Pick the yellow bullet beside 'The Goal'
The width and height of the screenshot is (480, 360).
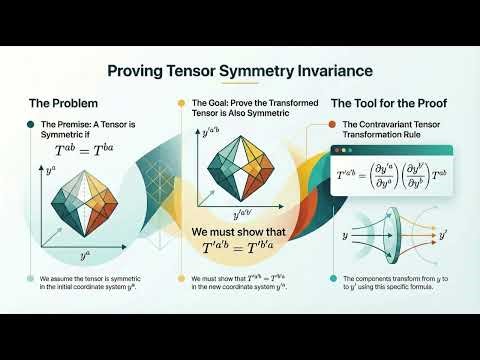pyautogui.click(x=181, y=103)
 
